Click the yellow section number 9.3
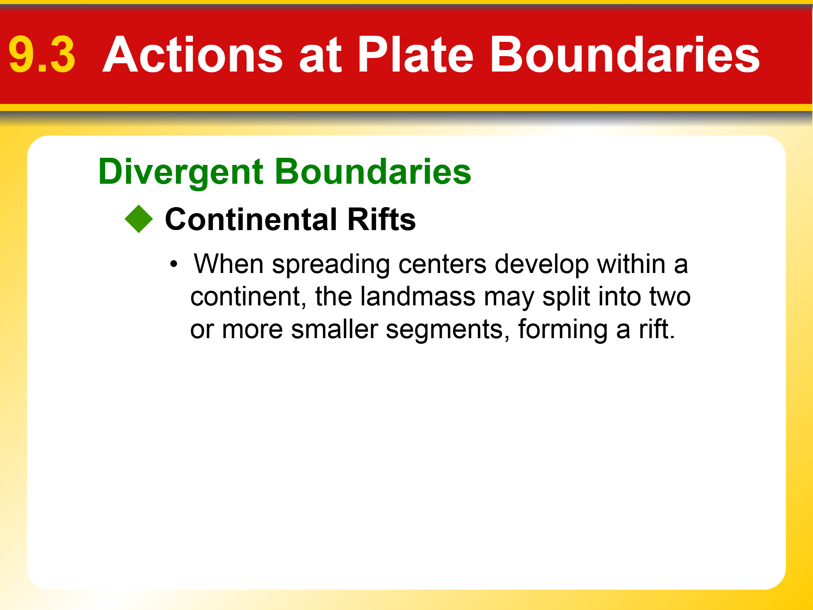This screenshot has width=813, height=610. click(x=42, y=55)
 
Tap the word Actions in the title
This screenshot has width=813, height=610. click(x=193, y=54)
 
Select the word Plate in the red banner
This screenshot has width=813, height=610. click(x=416, y=54)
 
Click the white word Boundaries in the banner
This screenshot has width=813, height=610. click(x=625, y=54)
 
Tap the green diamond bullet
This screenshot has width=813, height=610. click(x=139, y=219)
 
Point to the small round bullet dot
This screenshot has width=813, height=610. click(x=174, y=264)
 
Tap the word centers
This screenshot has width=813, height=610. click(x=442, y=265)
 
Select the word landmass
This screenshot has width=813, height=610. click(x=418, y=296)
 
